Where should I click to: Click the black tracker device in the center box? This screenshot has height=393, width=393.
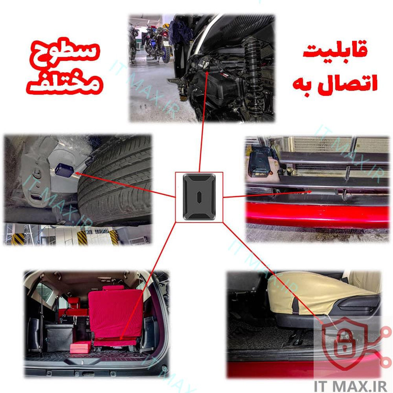tap(199, 197)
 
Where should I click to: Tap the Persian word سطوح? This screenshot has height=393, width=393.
tap(64, 54)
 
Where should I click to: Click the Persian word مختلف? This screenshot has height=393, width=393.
tap(64, 83)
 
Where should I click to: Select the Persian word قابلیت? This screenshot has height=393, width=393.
tap(335, 49)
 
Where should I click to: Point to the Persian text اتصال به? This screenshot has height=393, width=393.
tap(335, 83)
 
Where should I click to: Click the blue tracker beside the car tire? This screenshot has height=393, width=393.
tap(64, 170)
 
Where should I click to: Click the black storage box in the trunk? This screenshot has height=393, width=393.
tap(59, 337)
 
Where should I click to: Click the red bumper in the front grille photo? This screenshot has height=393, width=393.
tap(317, 215)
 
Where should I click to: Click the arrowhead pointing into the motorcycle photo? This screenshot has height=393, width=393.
tap(208, 73)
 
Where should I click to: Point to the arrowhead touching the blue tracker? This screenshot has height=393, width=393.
tap(77, 173)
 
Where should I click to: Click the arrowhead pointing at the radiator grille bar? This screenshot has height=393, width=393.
tap(310, 192)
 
